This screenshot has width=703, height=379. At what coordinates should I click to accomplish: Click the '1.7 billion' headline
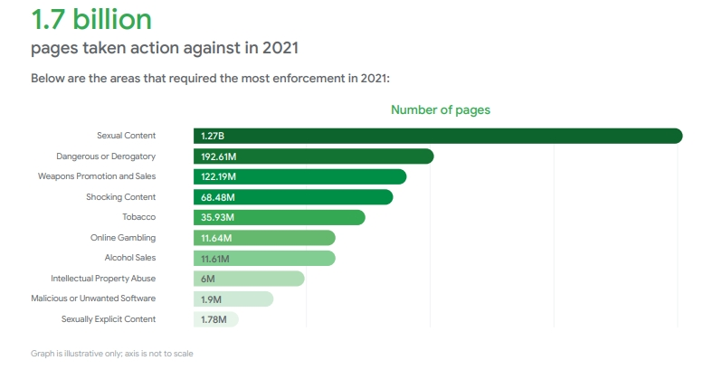pos(90,19)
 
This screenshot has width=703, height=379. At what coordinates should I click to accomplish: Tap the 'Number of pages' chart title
pos(440,109)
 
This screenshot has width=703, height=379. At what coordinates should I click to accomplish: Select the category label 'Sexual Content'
pos(126,136)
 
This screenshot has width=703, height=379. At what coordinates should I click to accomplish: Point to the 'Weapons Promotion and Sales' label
pos(97,176)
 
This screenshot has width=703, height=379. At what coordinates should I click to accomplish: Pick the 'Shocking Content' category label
pos(120,197)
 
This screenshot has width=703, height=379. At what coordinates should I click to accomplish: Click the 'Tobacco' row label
pos(138,217)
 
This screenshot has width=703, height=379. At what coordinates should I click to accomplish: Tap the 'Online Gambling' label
pos(123,238)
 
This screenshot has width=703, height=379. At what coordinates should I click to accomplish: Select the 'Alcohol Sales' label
pos(129,258)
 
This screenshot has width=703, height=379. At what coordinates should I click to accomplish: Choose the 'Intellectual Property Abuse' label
pos(103,279)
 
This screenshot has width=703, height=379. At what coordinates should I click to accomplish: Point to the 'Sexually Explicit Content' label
pos(108,319)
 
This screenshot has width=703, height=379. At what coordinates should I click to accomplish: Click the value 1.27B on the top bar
pos(213,136)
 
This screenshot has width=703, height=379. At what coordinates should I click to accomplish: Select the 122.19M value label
pos(218,176)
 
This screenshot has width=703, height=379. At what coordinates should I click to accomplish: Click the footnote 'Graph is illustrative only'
pos(111,353)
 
